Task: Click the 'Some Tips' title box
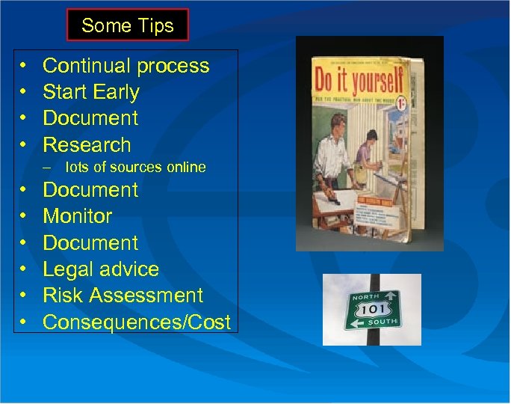[x=127, y=25]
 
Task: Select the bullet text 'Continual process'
[x=126, y=66]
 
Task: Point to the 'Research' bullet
[x=87, y=144]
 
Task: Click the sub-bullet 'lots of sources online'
[x=134, y=168]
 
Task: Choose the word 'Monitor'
[x=78, y=216]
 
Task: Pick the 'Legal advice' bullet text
[x=101, y=269]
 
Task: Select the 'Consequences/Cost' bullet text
[x=137, y=322]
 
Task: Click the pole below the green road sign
[x=371, y=337]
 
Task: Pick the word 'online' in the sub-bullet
[x=185, y=168]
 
